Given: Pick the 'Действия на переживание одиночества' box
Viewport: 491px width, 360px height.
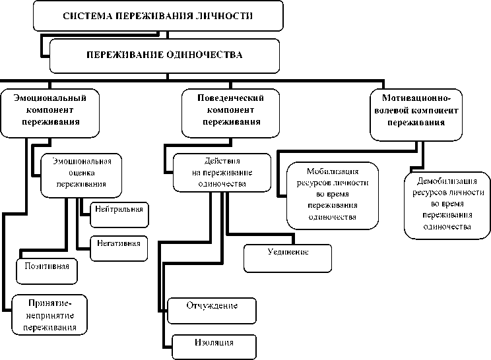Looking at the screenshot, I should [x=222, y=171].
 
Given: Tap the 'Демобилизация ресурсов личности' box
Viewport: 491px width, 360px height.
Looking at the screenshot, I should [x=447, y=203].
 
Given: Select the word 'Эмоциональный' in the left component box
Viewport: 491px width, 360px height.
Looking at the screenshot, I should [x=51, y=96].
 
